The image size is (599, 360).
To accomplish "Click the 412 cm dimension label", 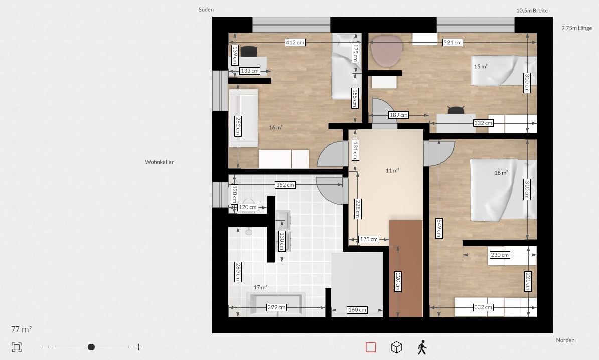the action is [295, 43].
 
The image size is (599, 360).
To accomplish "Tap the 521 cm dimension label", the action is [453, 43].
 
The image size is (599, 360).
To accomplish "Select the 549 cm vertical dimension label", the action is [439, 228].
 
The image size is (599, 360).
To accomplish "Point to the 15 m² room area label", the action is [481, 66].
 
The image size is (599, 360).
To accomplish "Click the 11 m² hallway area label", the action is [392, 170].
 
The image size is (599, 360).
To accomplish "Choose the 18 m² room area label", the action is [501, 173].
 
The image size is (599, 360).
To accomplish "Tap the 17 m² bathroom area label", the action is [260, 287].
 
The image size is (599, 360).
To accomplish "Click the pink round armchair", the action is [387, 51].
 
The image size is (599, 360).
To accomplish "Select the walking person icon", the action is [422, 347].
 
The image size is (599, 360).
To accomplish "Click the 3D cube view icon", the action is [396, 347].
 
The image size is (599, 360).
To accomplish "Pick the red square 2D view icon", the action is [371, 347].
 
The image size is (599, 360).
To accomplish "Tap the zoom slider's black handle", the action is [91, 347].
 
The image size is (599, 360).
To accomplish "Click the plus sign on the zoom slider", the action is [138, 347].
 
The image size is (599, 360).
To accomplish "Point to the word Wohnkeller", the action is [160, 162].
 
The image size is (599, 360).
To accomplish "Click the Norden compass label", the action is [565, 340].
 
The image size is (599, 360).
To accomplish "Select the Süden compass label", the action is [206, 10].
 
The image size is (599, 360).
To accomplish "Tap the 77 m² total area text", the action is [22, 329].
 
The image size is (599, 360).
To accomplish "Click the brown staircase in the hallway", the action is [406, 268].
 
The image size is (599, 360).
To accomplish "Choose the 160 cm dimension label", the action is [357, 310].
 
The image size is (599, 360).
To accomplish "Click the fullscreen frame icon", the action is [17, 347].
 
